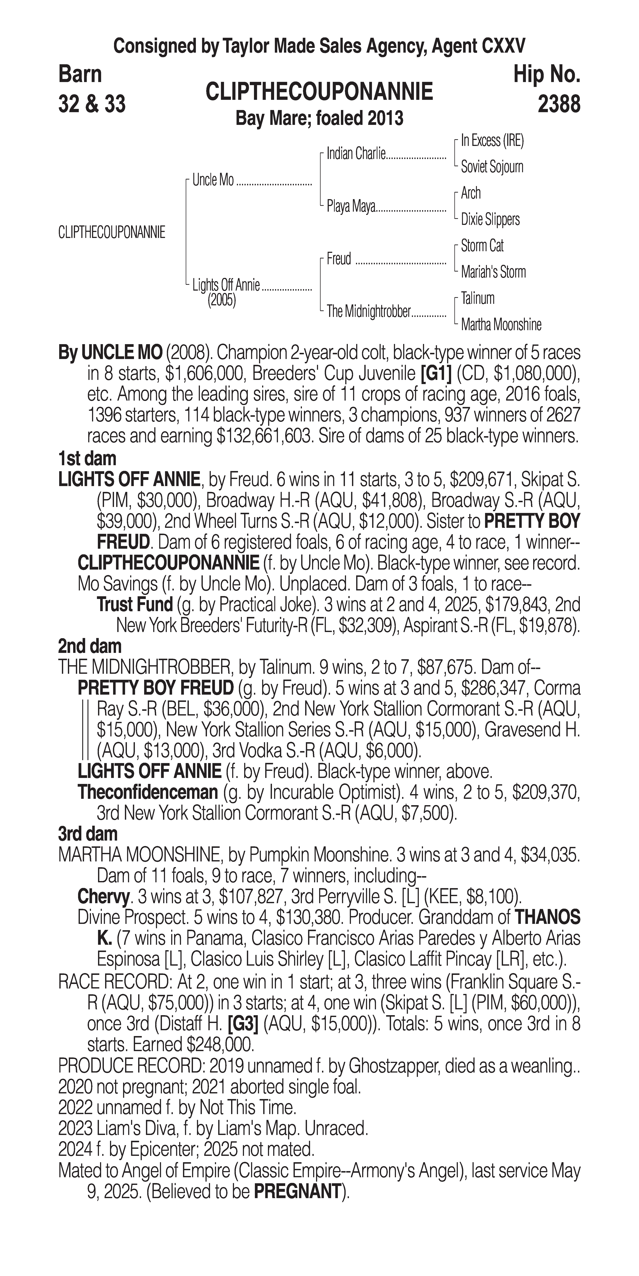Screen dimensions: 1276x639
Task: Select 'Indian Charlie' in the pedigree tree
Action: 356,154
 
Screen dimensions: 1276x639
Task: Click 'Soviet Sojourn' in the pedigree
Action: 492,167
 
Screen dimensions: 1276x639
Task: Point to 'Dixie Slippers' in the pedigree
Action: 490,219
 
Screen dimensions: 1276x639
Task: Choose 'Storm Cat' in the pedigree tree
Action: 482,246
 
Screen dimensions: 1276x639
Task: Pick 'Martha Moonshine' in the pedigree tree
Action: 501,325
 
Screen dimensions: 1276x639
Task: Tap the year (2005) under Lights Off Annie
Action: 221,300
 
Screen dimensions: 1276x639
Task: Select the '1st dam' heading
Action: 87,459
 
